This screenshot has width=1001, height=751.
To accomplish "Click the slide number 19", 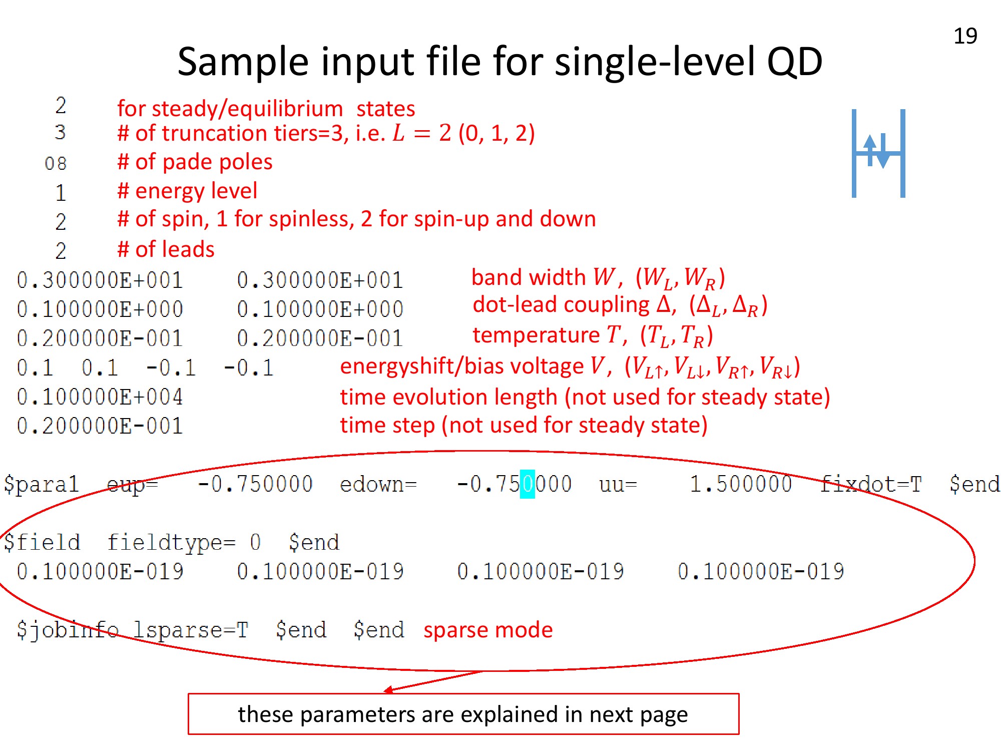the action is pos(965,36).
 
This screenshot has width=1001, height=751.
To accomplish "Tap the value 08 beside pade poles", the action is pos(56,163).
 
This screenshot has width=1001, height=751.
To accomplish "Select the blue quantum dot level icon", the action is pos(878,153).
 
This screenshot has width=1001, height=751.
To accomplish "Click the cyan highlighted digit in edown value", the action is pos(528,484).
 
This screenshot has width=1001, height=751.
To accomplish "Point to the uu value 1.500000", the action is pos(741,484).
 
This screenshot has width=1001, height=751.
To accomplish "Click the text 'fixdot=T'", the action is pos(871,484).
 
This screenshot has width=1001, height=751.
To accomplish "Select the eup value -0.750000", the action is pos(255,484).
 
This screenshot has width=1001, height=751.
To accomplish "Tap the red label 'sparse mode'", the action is pos(488,630).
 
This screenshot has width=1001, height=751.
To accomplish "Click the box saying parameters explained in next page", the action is pos(463,714).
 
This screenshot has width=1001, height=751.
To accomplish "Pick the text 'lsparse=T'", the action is pos(191,630).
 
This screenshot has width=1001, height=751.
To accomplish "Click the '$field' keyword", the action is pos(42,542).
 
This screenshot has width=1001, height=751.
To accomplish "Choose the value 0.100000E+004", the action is pos(100,397).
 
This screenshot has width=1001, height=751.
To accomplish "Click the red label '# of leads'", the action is pos(166,249).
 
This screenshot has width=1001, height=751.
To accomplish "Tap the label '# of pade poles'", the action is pos(195,162).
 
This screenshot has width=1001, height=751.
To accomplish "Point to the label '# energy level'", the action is pos(187,191).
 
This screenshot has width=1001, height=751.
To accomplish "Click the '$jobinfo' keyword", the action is pos(68,630).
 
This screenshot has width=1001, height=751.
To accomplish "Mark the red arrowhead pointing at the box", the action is pos(388,690).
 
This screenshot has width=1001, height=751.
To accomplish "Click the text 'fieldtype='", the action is pos(171,542).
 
